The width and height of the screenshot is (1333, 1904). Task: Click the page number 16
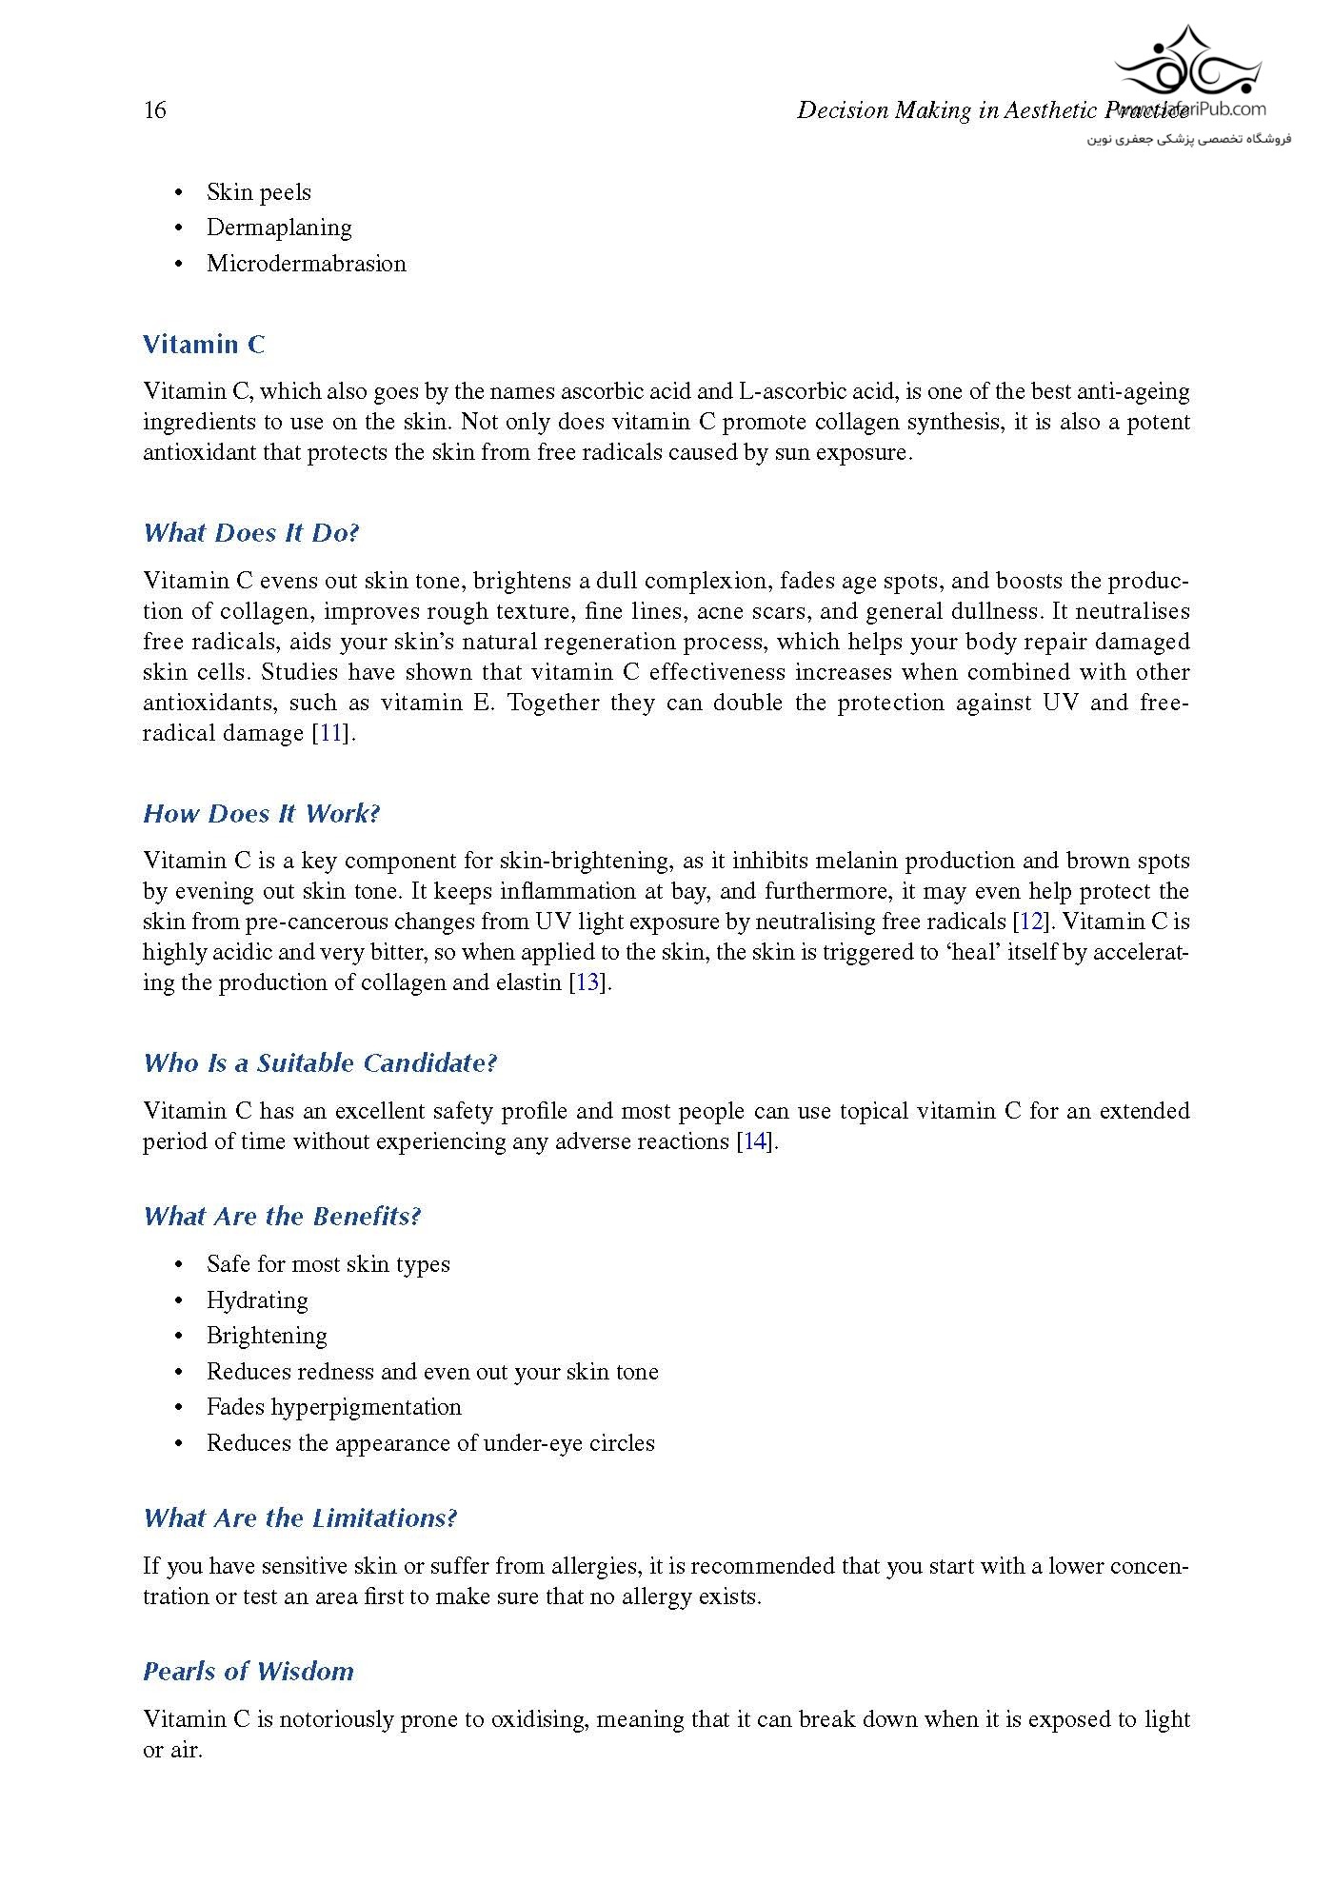coord(154,110)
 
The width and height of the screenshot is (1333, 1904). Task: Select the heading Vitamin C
coord(204,345)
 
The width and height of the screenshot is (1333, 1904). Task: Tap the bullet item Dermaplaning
coord(279,228)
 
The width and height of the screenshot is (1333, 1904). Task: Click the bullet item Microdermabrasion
coord(306,264)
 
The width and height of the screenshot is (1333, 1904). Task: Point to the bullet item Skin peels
coord(258,192)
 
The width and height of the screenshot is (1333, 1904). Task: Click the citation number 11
coord(329,733)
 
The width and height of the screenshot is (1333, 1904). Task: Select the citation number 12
coord(1029,922)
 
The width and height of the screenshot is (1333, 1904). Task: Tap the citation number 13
coord(587,982)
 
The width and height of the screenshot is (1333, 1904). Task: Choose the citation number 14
coord(754,1141)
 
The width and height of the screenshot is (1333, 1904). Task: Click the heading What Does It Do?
coord(251,533)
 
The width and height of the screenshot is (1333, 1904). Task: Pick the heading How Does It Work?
coord(262,814)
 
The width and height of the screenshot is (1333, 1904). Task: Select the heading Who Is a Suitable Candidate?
coord(320,1063)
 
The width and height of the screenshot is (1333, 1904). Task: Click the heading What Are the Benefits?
coord(282,1217)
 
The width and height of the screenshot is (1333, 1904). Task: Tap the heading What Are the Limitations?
coord(300,1518)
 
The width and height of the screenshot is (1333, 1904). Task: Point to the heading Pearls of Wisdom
coord(249,1672)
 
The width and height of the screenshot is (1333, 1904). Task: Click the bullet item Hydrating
coord(257,1300)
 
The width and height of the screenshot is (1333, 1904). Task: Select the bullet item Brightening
coord(267,1336)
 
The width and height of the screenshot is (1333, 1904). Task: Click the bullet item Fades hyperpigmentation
coord(333,1407)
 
